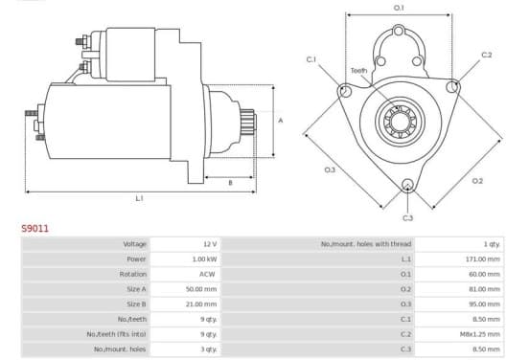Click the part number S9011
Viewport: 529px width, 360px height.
[x=35, y=228]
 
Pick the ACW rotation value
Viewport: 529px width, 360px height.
[x=207, y=274]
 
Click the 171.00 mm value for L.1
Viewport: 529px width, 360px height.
[x=482, y=259]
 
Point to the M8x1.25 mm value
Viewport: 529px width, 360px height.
[x=480, y=334]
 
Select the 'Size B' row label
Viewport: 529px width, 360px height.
[x=136, y=304]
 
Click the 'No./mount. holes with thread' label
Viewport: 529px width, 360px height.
[x=366, y=244]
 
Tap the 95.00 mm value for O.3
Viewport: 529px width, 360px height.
[x=484, y=304]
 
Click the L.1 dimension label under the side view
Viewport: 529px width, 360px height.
[x=139, y=198]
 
